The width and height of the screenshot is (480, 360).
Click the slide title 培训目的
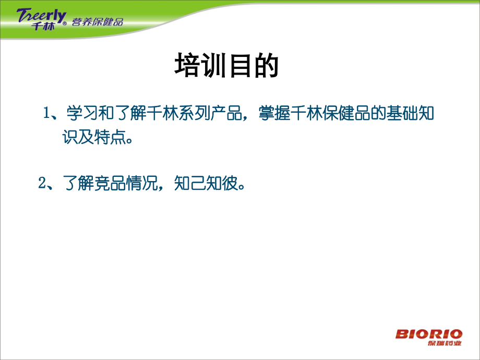pos(226,66)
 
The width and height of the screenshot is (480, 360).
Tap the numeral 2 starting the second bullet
pos(42,184)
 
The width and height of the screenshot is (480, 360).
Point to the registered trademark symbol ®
pos(65,24)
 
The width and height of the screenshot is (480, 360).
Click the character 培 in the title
pos(187,66)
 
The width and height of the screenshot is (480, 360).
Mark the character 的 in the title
pos(265,66)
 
